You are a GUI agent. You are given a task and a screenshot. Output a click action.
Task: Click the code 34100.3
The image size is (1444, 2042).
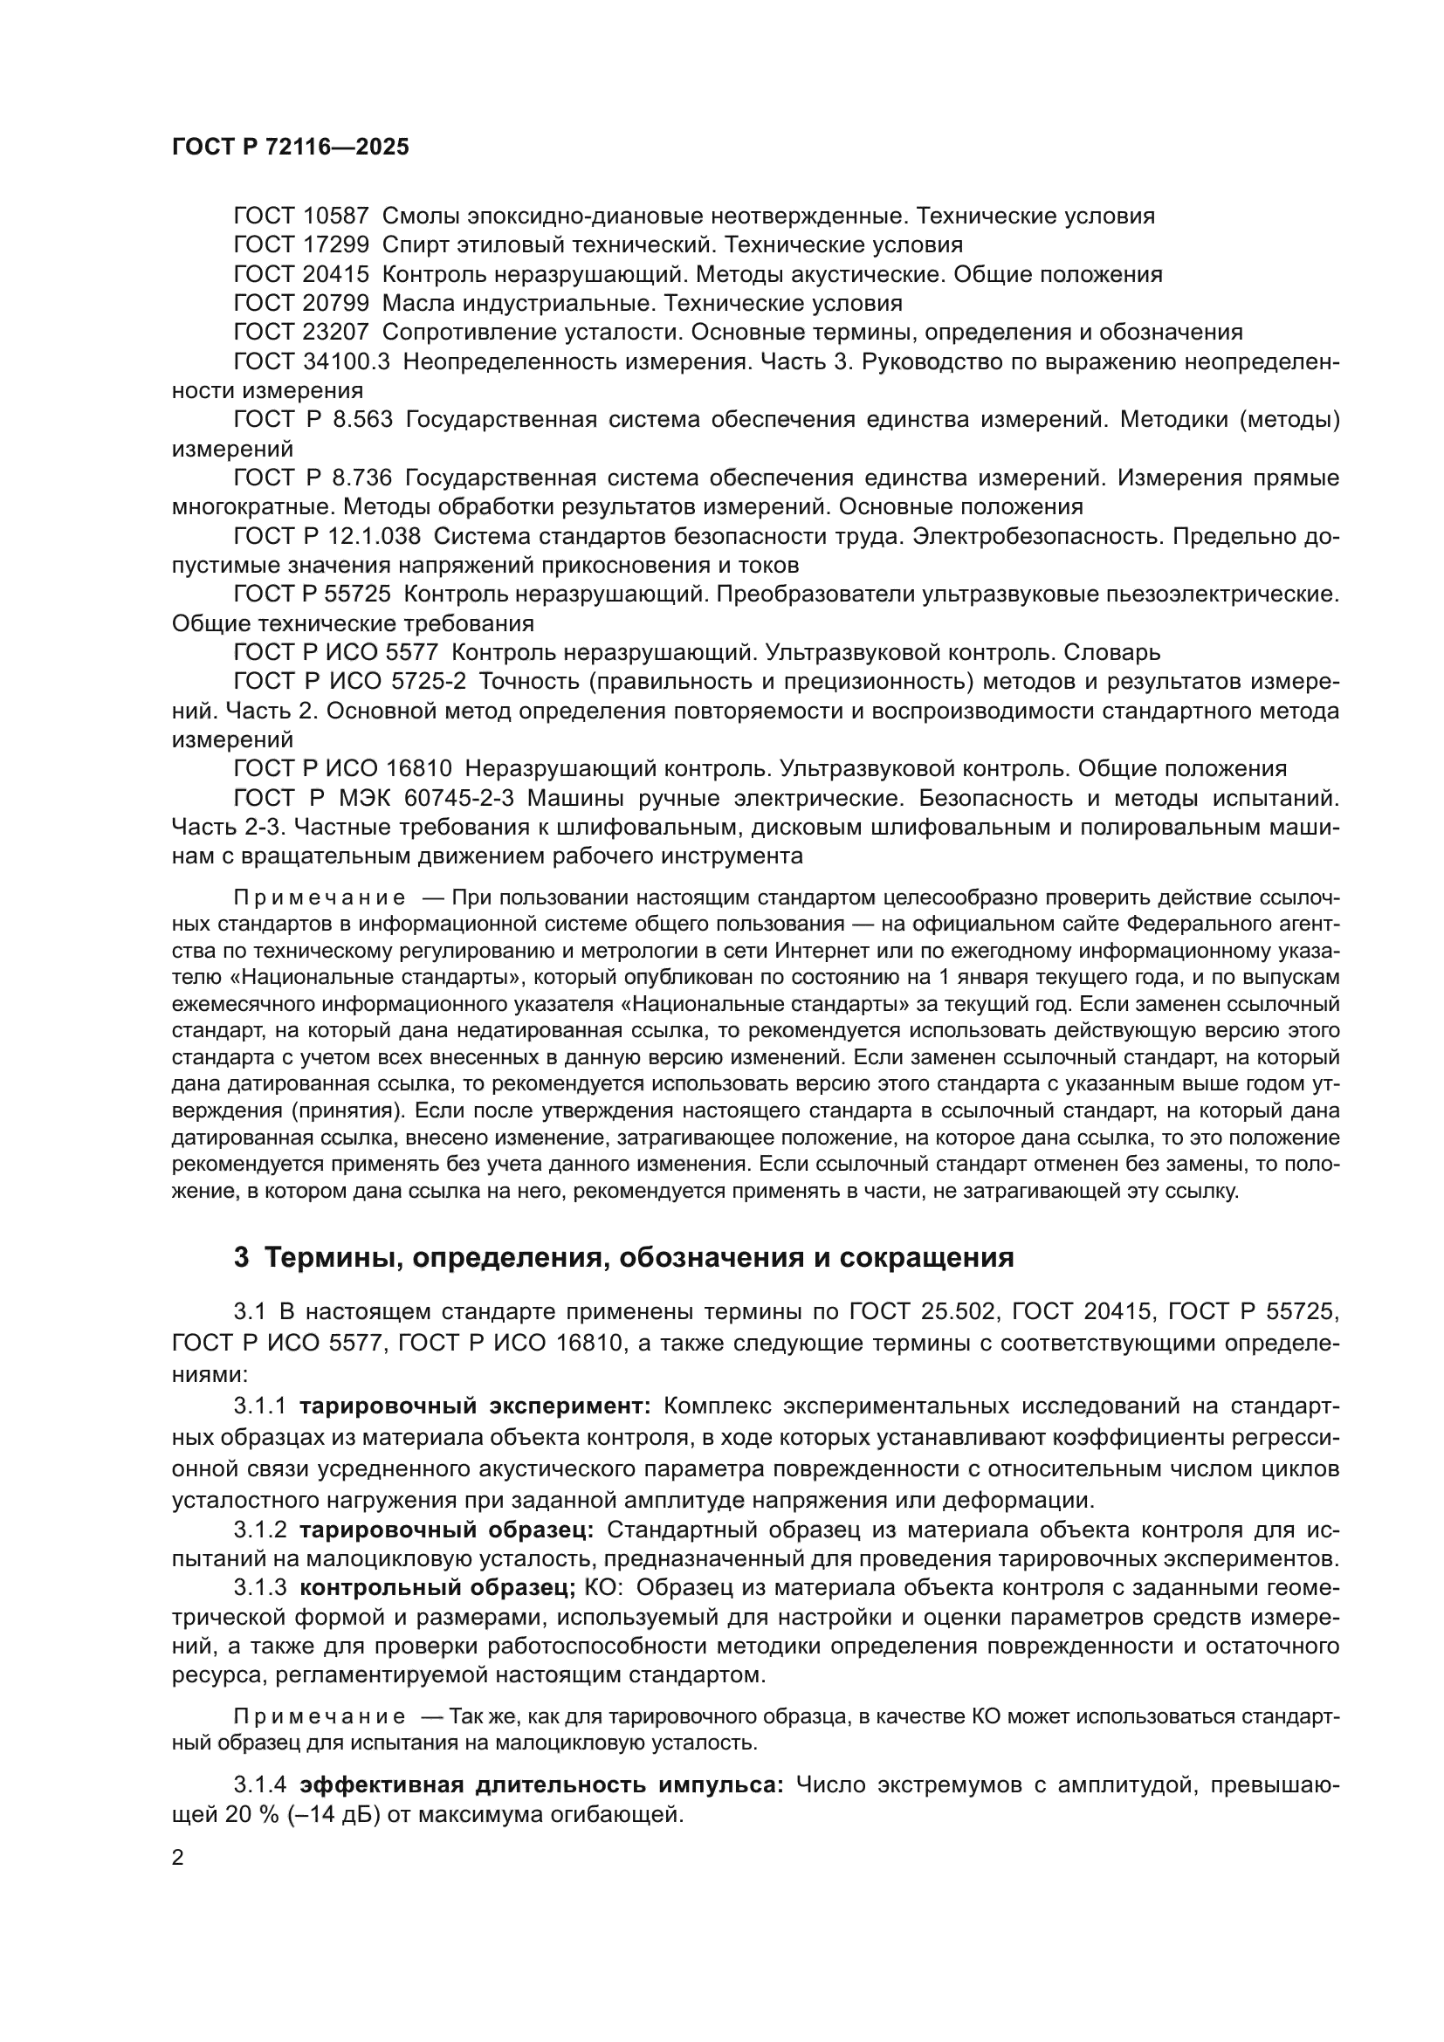click(348, 362)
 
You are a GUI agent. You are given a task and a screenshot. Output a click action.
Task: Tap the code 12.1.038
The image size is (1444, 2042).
click(375, 536)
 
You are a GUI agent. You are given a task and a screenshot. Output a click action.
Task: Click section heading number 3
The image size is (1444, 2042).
click(241, 1259)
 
